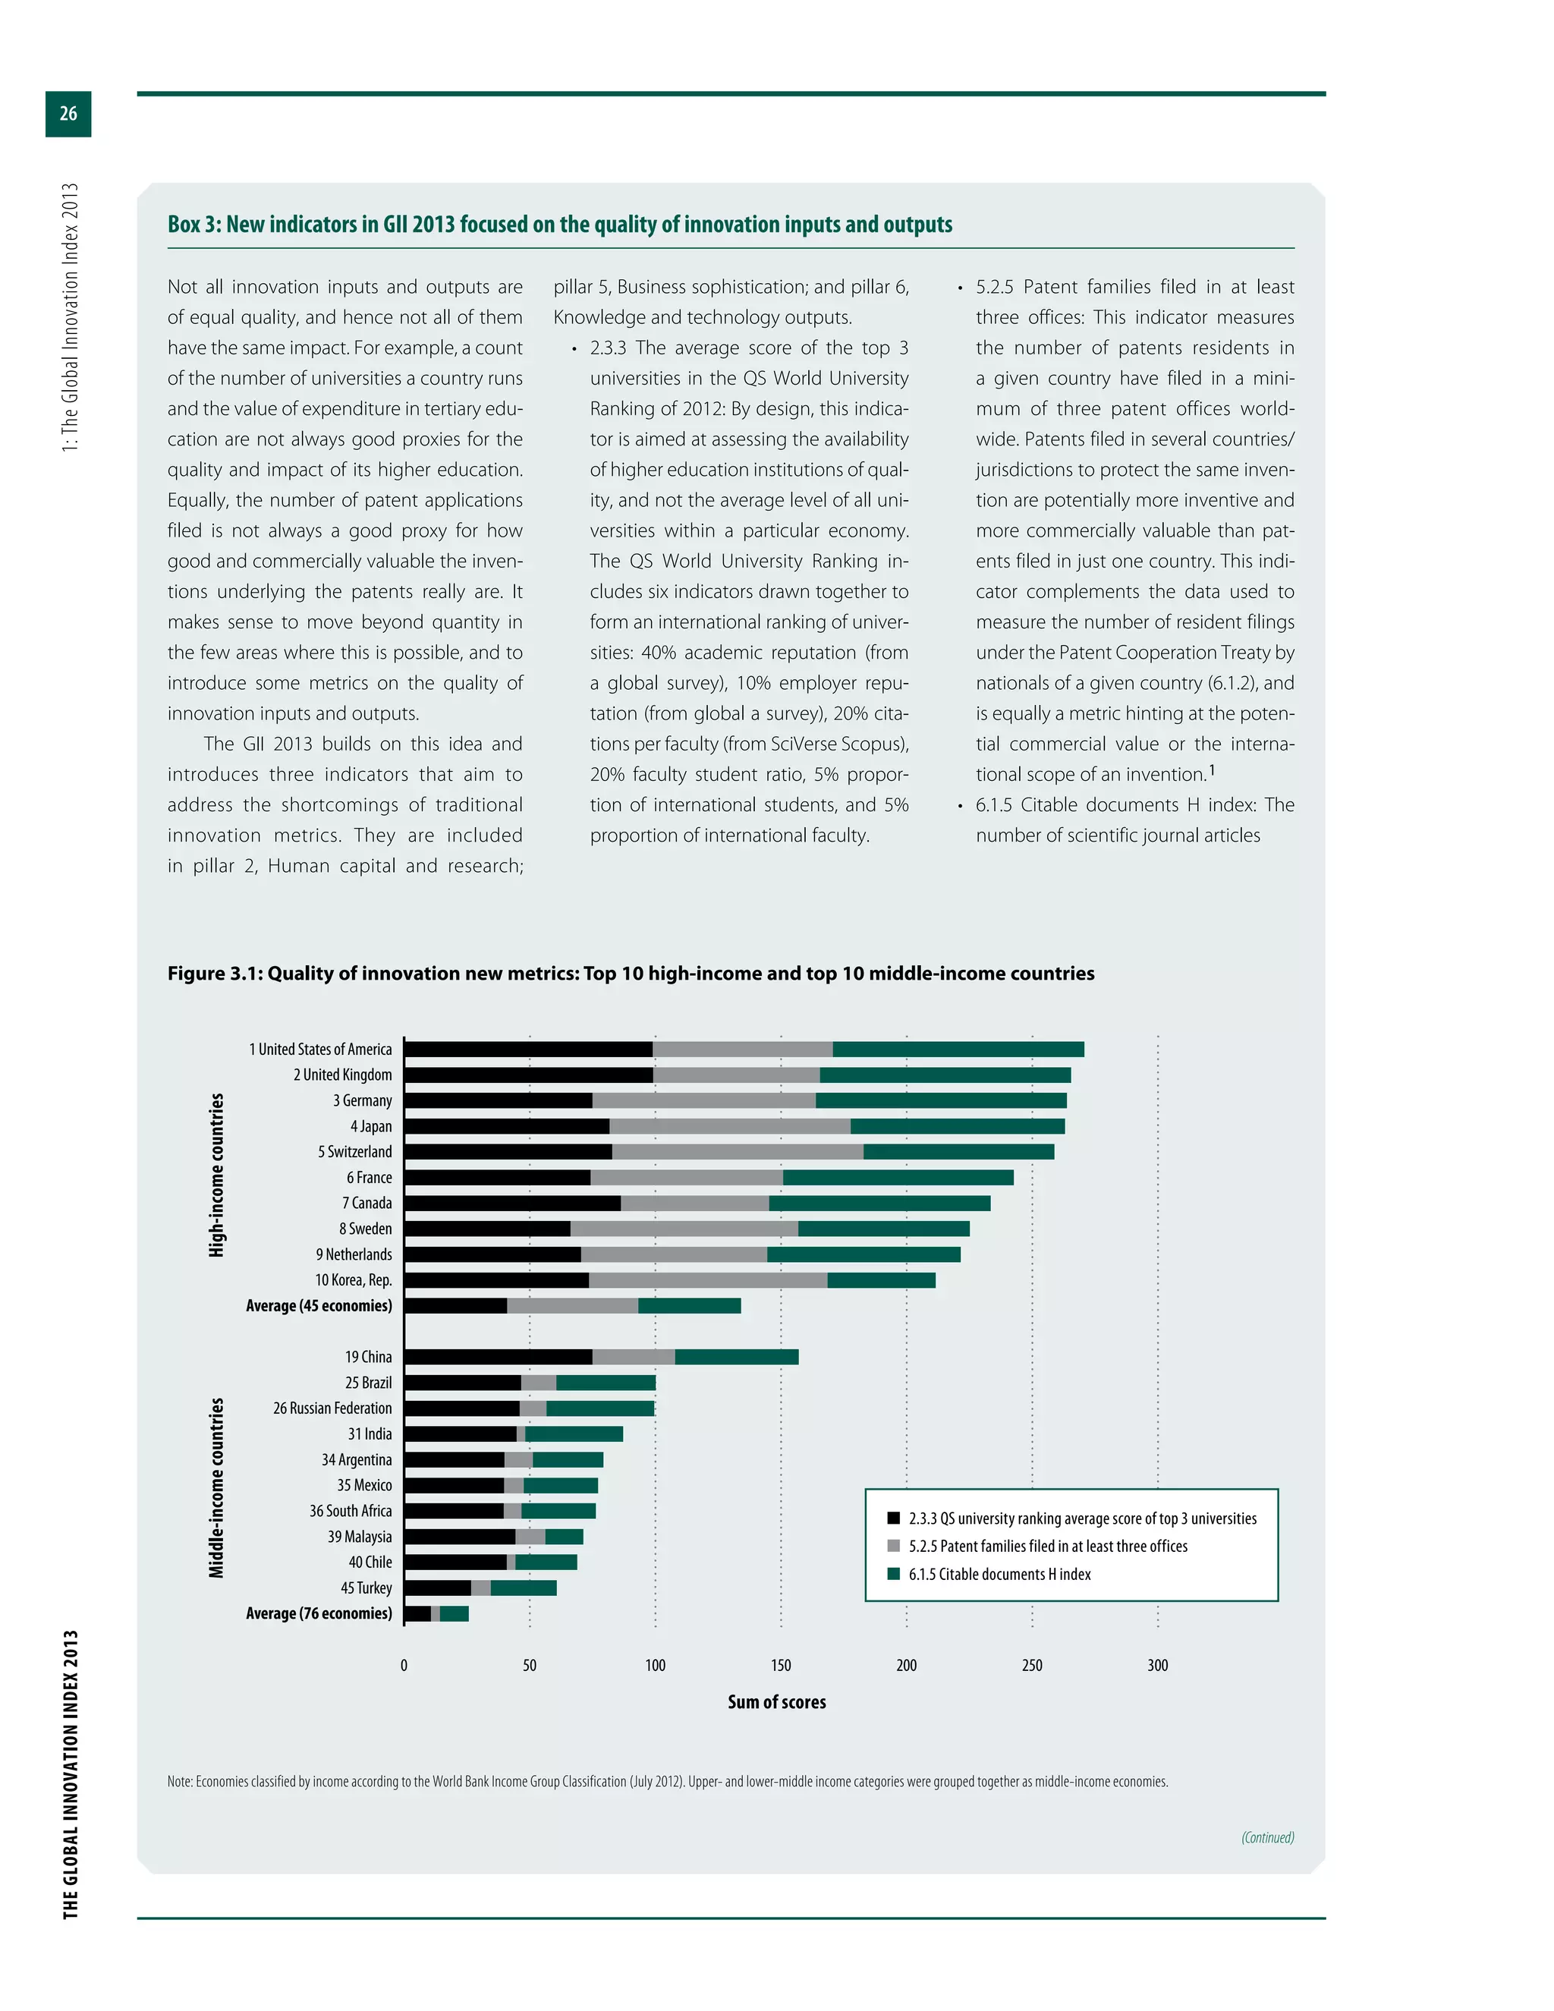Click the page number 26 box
click(68, 113)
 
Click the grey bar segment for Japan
click(729, 1126)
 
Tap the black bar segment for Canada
click(512, 1204)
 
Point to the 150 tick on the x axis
click(781, 1665)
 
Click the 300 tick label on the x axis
click(1157, 1665)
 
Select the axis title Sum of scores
click(776, 1701)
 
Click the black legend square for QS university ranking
click(893, 1518)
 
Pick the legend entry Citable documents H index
click(999, 1574)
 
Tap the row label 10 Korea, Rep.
click(353, 1280)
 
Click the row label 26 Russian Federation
click(332, 1408)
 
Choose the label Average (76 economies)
click(319, 1613)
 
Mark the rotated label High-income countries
click(216, 1175)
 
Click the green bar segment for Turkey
click(523, 1588)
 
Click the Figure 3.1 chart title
click(631, 974)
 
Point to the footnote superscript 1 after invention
click(1213, 769)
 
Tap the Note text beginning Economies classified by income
click(668, 1782)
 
